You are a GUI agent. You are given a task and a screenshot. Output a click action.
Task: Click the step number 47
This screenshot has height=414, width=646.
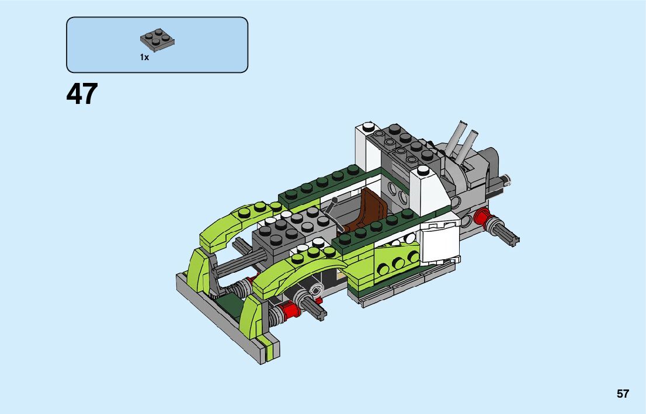click(82, 93)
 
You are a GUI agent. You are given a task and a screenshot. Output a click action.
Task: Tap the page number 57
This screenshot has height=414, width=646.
click(623, 394)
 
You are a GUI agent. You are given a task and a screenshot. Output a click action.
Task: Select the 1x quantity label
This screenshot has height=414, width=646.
click(144, 57)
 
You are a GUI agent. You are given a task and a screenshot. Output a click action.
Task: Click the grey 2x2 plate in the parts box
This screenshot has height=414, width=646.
click(157, 40)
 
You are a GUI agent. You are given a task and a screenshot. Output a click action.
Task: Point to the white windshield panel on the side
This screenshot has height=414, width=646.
click(439, 243)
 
